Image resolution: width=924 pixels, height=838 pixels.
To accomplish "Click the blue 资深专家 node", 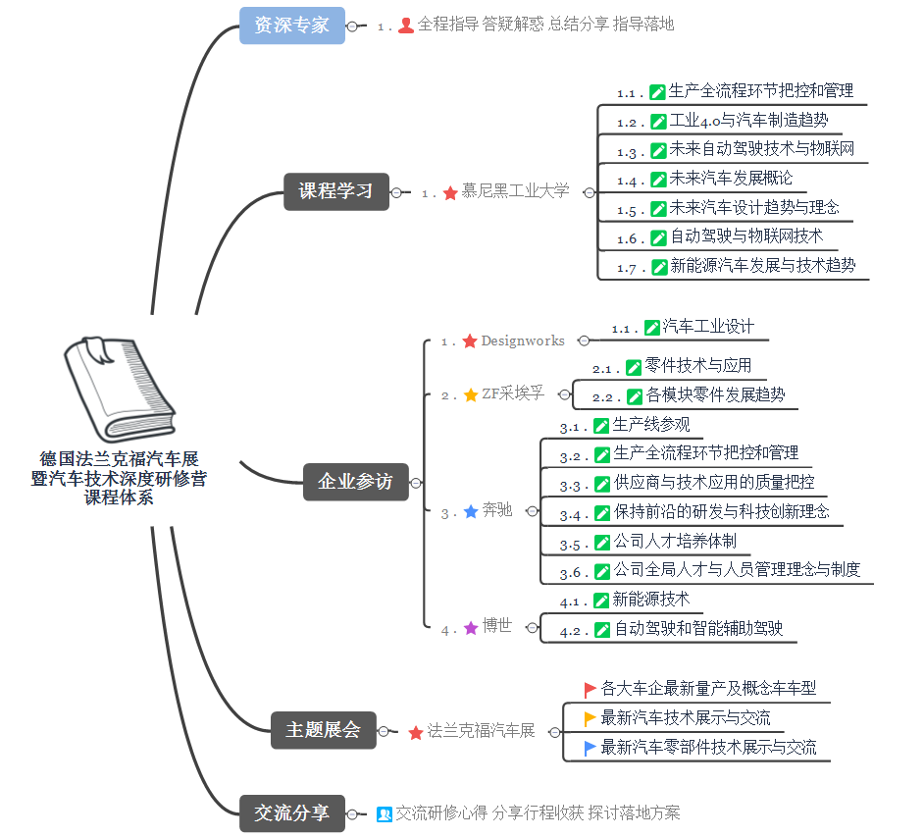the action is (291, 26).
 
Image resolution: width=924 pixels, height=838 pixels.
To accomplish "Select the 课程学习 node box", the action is (335, 191).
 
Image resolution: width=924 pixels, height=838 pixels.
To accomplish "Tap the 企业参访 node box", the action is (355, 482).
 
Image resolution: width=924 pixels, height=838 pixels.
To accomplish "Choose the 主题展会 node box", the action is (323, 730).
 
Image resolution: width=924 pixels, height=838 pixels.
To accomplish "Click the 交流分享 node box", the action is (291, 813).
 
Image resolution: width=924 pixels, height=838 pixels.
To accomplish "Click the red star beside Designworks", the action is (470, 341).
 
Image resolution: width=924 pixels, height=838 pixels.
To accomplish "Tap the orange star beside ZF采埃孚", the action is (471, 394).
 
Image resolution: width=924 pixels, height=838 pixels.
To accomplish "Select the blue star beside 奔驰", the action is (471, 511).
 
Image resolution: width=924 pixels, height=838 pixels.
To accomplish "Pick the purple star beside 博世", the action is (471, 628).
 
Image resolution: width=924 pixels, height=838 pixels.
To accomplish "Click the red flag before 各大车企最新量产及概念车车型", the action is (590, 690).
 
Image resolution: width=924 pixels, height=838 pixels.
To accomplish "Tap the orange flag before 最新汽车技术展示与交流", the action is (590, 719).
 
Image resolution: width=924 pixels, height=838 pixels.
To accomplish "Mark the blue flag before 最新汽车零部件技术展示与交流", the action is (590, 749).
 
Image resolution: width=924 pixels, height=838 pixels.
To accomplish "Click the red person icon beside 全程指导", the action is (406, 26).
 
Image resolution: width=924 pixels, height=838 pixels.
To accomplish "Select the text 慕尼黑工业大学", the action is (515, 190).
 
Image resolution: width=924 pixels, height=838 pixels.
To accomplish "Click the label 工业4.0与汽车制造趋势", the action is (748, 121).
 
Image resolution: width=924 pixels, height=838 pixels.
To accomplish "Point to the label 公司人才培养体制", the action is (675, 541).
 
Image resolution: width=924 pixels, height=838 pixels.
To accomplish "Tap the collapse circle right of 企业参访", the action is (416, 483).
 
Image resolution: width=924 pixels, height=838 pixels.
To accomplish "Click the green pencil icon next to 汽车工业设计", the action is (651, 328).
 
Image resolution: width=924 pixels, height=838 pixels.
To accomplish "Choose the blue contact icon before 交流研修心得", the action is (385, 814).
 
